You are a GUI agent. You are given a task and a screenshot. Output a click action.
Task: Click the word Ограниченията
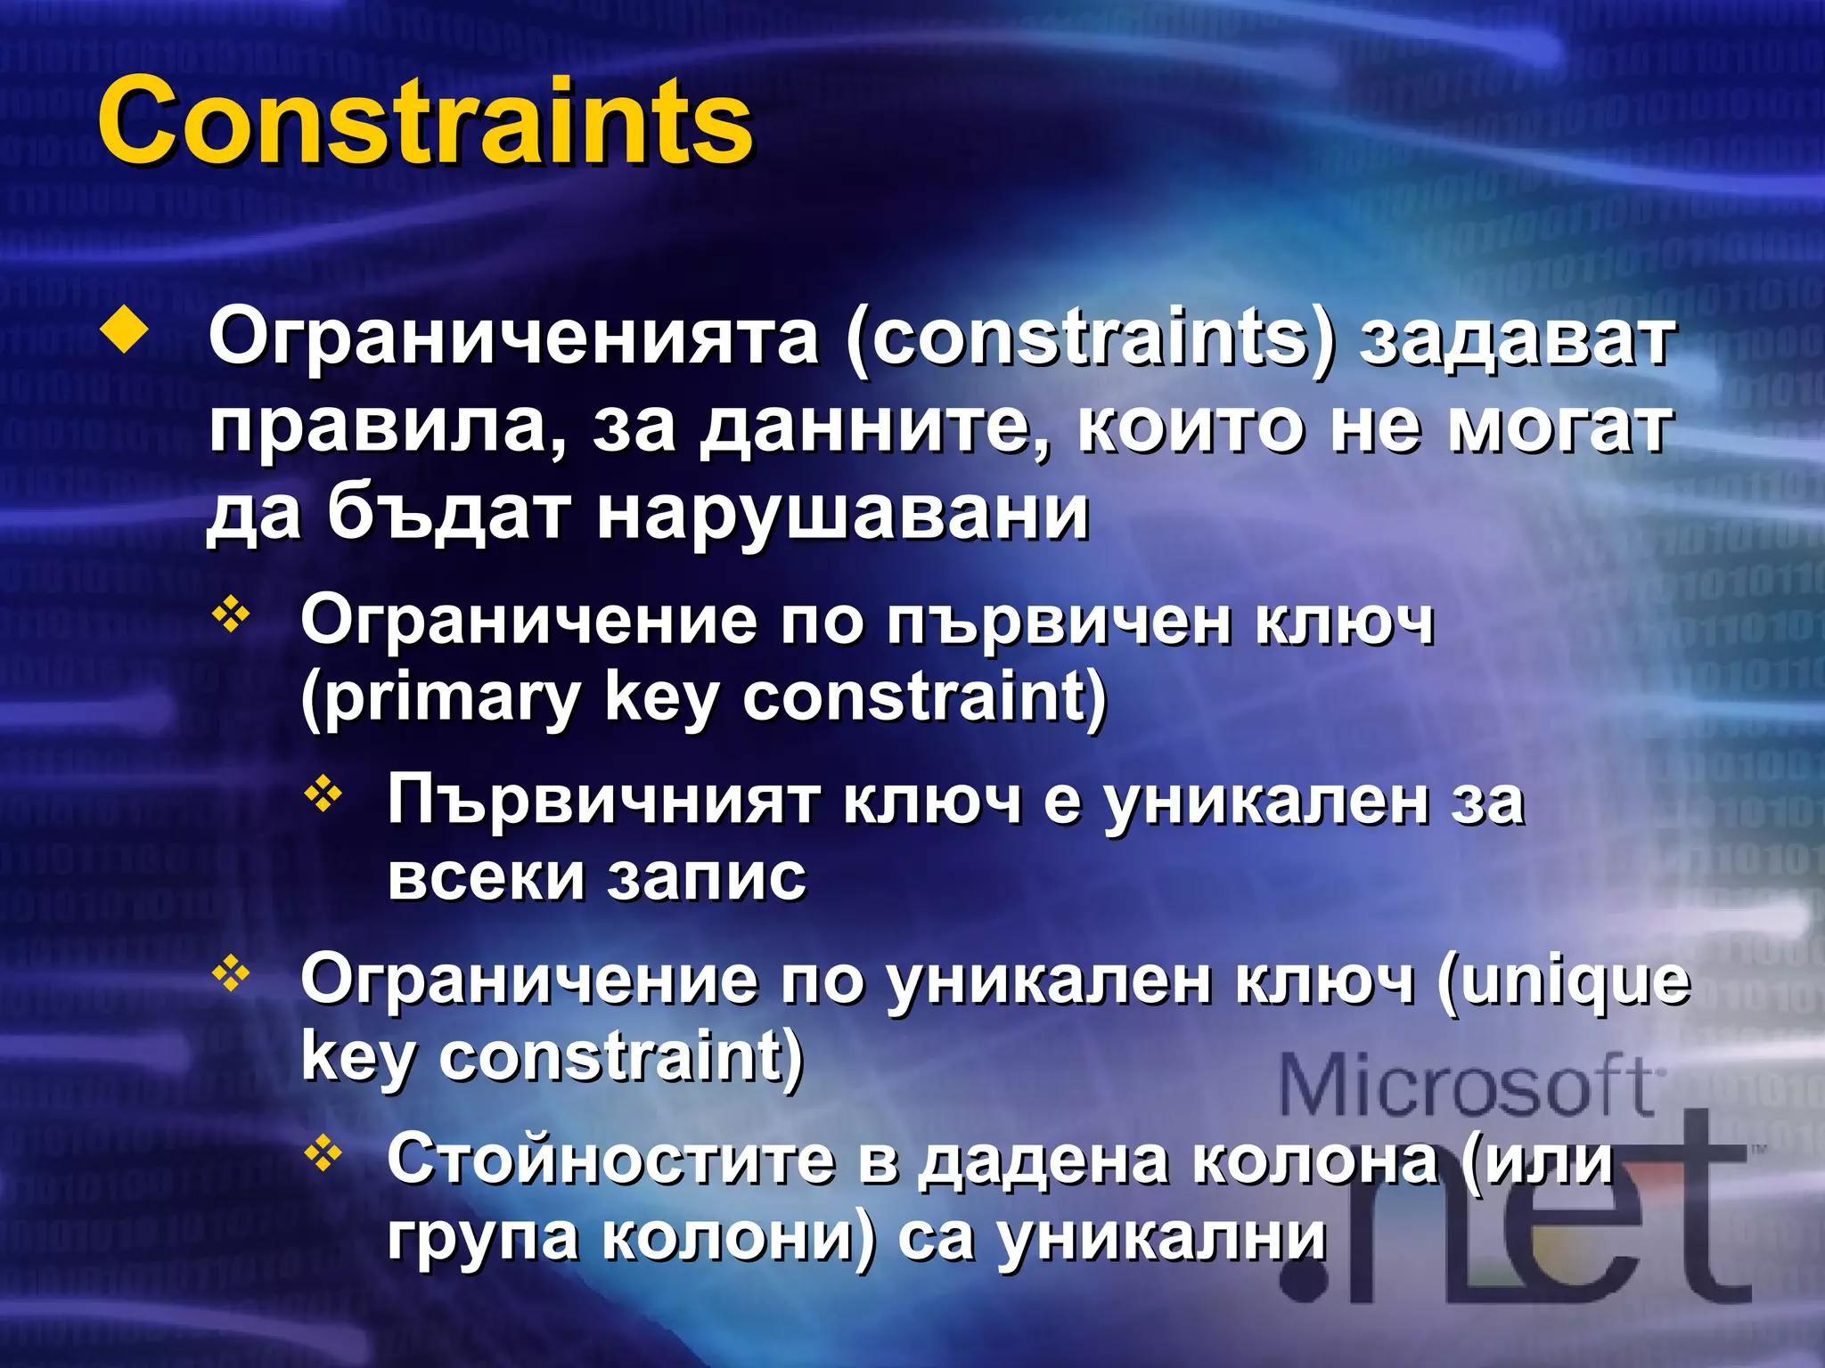click(513, 338)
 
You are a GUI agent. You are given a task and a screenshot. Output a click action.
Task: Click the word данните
click(872, 427)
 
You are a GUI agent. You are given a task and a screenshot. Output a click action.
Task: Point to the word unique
click(1565, 981)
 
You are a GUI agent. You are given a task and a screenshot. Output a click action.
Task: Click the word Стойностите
click(611, 1160)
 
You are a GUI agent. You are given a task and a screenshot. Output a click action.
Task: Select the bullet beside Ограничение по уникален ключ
click(231, 973)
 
